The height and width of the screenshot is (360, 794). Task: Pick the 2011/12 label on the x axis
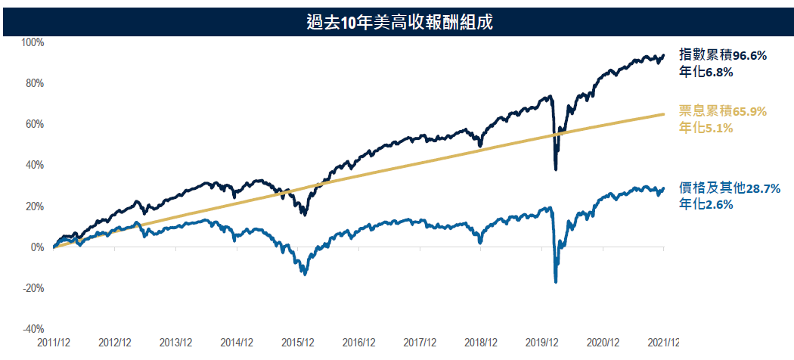click(x=54, y=343)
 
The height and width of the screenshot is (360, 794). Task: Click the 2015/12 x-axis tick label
click(x=298, y=343)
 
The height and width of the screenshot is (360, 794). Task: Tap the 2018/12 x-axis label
click(x=481, y=343)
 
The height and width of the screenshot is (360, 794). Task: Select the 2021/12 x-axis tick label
click(x=662, y=343)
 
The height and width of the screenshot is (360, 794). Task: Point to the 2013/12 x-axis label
click(x=175, y=343)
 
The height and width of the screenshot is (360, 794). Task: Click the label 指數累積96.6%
click(x=724, y=55)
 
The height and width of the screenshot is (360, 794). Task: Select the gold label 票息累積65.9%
click(x=724, y=111)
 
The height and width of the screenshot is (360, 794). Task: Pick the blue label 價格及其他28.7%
click(x=730, y=188)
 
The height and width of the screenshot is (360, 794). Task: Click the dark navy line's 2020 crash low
click(x=557, y=169)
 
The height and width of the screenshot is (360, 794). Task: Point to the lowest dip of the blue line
click(x=557, y=282)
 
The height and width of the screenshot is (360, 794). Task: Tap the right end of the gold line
click(x=663, y=114)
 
